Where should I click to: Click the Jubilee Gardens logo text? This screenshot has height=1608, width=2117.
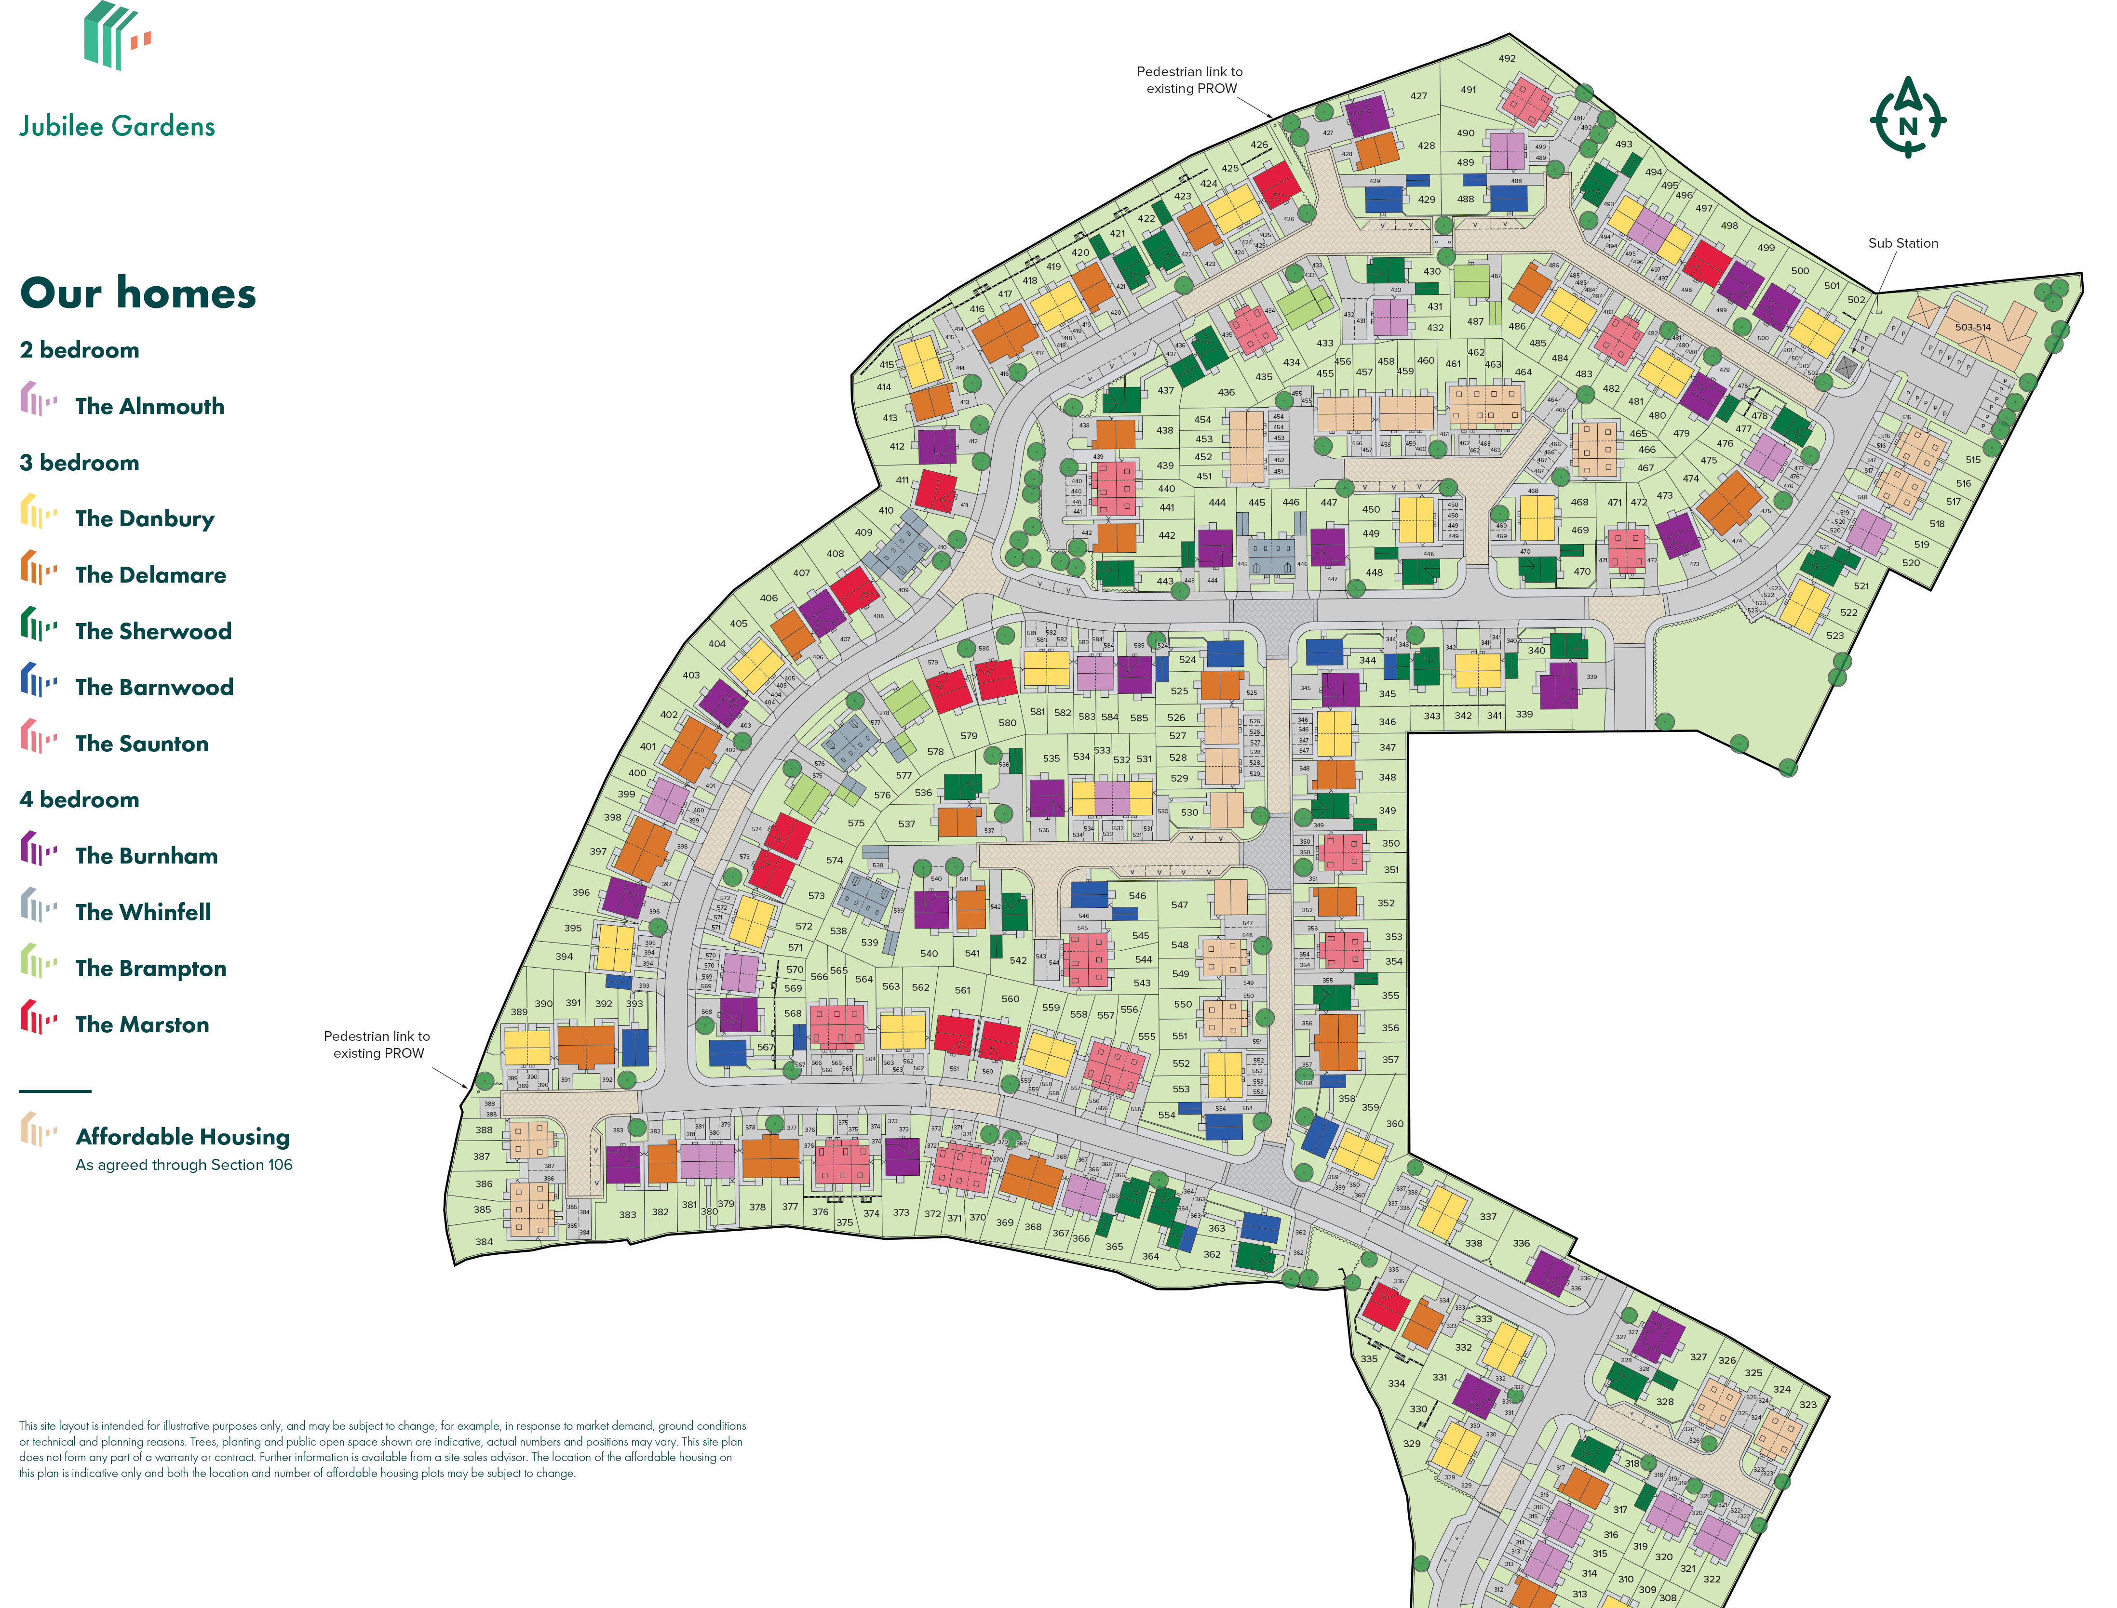[x=117, y=126]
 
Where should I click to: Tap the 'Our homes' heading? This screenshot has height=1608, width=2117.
[x=138, y=293]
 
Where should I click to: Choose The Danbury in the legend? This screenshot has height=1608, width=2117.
[x=145, y=519]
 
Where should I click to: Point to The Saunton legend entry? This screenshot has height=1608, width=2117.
[x=142, y=744]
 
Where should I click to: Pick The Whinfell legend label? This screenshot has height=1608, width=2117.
[x=143, y=912]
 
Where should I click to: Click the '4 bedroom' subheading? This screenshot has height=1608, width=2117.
[x=80, y=800]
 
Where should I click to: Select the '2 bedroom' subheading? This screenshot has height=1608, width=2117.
[x=80, y=350]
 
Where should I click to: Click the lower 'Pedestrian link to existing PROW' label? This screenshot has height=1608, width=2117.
[x=377, y=1044]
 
